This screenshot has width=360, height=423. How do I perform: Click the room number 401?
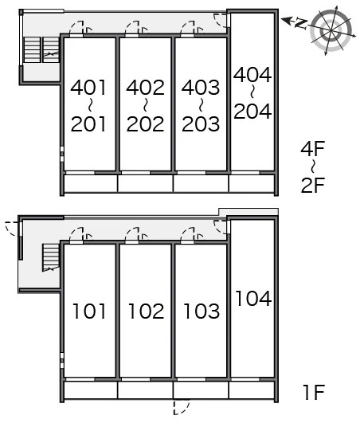(88, 88)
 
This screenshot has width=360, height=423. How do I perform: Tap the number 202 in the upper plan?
(145, 123)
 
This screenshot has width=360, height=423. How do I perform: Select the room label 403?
(201, 88)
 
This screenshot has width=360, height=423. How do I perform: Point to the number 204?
(252, 111)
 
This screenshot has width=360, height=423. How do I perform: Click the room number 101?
(89, 311)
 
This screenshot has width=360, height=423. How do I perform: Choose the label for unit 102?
(147, 311)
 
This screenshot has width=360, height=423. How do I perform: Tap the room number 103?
(202, 311)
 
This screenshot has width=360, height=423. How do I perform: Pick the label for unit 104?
(253, 298)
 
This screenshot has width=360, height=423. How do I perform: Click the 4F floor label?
(312, 148)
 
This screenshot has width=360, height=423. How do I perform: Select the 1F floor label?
(314, 392)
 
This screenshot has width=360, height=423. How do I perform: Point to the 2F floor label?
(312, 185)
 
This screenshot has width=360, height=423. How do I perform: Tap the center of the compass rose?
(331, 30)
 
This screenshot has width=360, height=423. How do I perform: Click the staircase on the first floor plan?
(51, 257)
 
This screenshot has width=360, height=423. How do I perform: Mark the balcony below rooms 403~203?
(201, 184)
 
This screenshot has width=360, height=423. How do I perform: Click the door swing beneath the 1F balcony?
(181, 408)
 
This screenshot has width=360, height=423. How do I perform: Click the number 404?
(252, 74)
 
